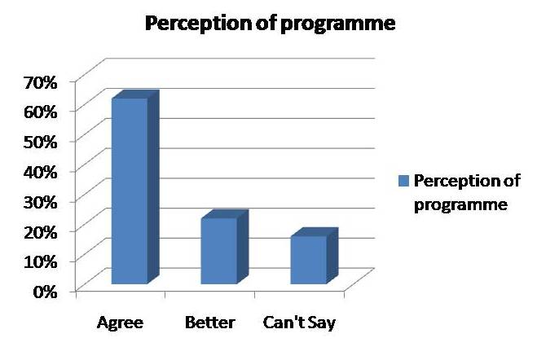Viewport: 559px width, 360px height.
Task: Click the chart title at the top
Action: click(x=271, y=24)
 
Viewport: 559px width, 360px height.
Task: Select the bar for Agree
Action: click(x=135, y=187)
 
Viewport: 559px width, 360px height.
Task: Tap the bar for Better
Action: click(x=225, y=247)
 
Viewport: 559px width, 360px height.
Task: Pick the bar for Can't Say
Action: click(x=314, y=256)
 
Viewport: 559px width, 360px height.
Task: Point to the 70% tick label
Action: click(x=40, y=83)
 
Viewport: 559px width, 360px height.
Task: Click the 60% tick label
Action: click(x=40, y=112)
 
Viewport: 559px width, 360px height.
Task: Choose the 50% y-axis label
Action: click(x=40, y=143)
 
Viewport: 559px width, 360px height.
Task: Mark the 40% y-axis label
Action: click(x=40, y=172)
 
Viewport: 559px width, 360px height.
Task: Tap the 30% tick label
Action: click(x=40, y=203)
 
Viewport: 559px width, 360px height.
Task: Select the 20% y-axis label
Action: click(x=40, y=232)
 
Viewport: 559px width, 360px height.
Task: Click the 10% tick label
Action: click(x=40, y=262)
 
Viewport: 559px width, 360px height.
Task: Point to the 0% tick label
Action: click(x=45, y=292)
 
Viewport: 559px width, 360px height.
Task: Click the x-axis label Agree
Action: click(x=120, y=323)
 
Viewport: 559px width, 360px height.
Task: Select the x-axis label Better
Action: click(x=210, y=323)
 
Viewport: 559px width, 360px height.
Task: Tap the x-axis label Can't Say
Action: click(x=299, y=323)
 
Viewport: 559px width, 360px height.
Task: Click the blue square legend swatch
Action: click(x=403, y=181)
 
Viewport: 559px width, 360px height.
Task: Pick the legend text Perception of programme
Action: click(x=467, y=193)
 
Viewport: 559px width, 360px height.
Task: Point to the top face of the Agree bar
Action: click(x=135, y=94)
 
